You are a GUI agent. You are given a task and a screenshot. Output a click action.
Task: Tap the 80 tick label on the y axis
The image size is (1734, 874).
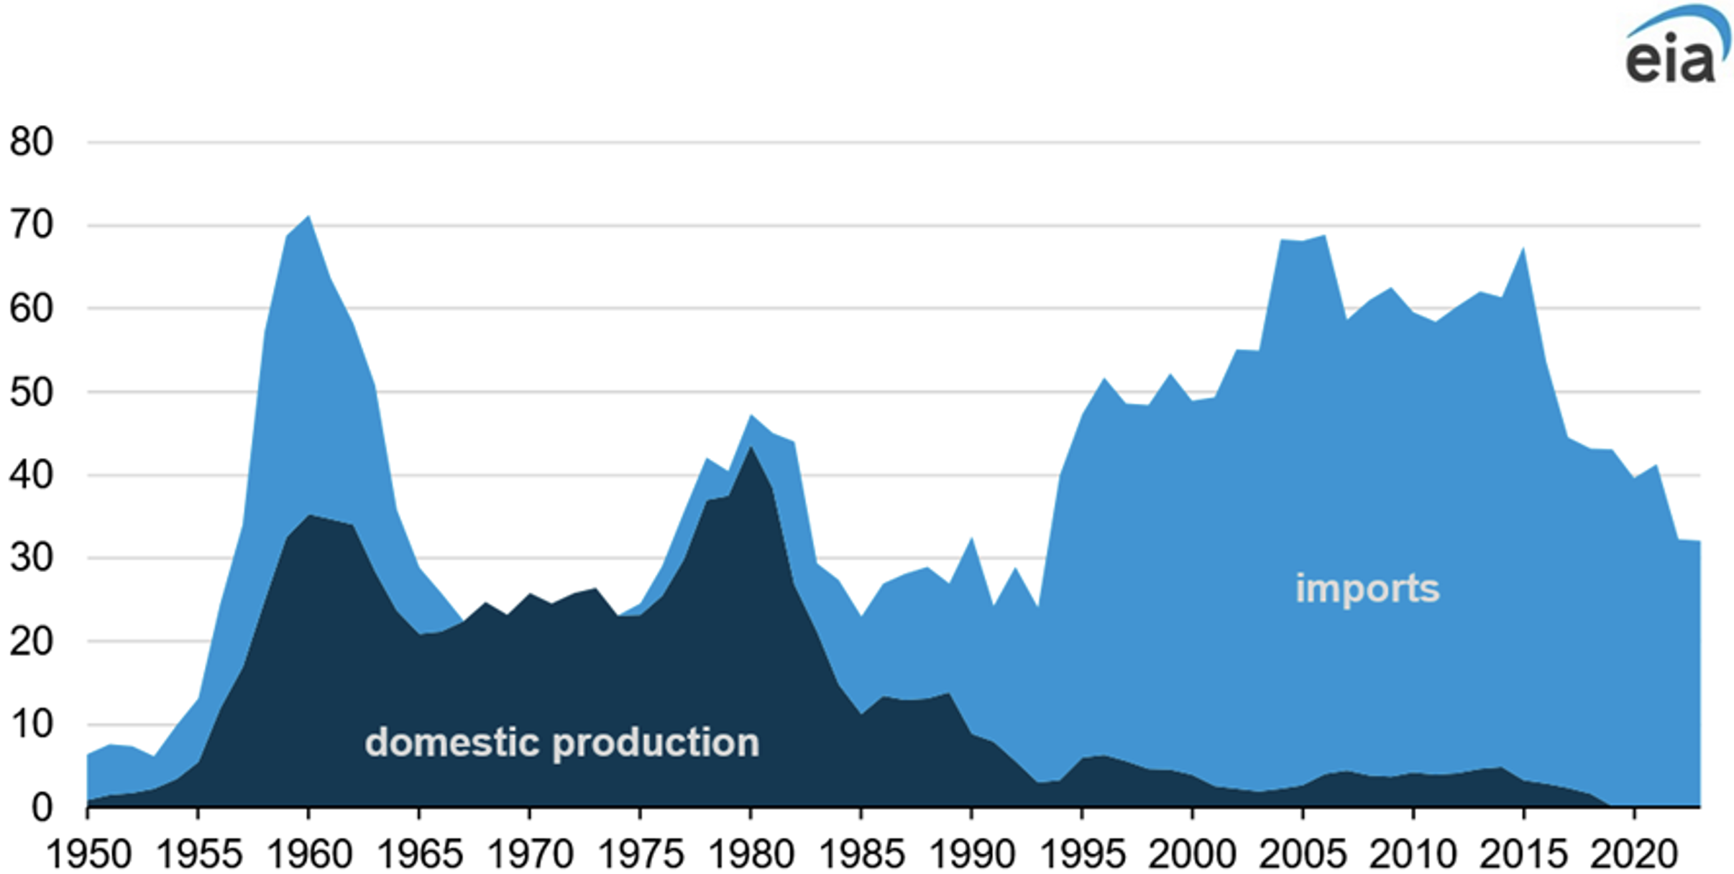click(x=32, y=142)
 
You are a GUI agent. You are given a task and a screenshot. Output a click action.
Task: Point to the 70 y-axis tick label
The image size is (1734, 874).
click(x=32, y=226)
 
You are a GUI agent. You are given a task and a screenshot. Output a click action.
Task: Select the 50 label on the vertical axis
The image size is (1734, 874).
click(x=32, y=392)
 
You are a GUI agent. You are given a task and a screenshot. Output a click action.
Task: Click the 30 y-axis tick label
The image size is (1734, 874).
click(x=32, y=558)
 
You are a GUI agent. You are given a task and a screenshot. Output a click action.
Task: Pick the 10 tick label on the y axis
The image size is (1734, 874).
click(x=32, y=724)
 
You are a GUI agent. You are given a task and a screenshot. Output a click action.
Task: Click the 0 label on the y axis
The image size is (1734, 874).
click(x=42, y=808)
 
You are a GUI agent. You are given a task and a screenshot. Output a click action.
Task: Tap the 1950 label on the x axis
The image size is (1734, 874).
click(x=88, y=855)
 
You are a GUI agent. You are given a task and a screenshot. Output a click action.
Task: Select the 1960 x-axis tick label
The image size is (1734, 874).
click(x=309, y=855)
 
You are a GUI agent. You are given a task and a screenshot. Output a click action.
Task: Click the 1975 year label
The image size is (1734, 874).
click(x=641, y=855)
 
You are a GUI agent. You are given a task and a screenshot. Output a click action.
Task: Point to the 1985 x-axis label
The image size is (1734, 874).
click(x=861, y=855)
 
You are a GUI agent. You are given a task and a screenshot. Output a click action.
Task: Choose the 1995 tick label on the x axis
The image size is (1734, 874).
click(x=1083, y=855)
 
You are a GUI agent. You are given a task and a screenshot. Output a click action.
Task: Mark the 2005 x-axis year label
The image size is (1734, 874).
click(x=1303, y=855)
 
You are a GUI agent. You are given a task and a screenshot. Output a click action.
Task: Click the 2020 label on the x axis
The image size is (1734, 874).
click(x=1633, y=855)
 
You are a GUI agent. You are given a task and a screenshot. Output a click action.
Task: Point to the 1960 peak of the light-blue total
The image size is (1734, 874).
click(x=309, y=216)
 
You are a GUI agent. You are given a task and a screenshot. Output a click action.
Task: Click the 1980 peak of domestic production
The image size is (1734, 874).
click(x=751, y=447)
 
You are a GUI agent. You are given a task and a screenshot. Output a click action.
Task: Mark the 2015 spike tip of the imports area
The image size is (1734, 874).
click(x=1523, y=248)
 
